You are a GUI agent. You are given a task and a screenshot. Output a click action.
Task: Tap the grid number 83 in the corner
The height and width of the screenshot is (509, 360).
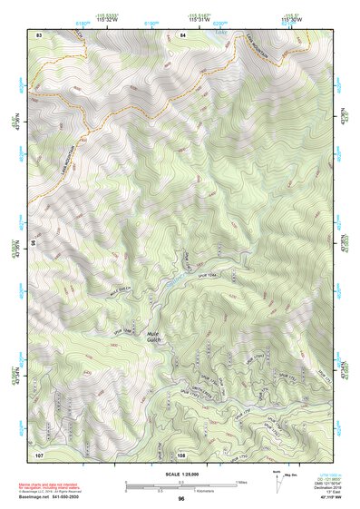point(39,34)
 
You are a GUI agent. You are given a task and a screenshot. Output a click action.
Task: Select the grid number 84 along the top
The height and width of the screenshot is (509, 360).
point(182,34)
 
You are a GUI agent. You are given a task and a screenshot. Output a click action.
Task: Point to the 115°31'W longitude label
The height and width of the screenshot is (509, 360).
point(208,18)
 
